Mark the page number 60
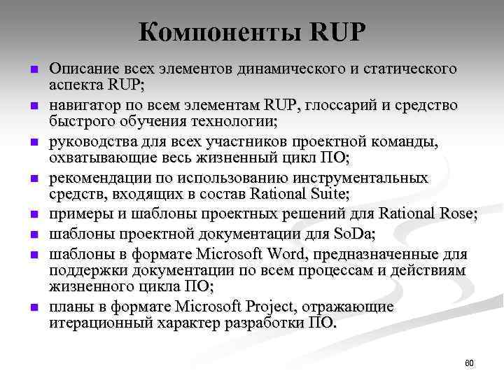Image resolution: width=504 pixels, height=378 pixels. (x=469, y=363)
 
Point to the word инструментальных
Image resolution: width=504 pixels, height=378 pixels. (x=361, y=178)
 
